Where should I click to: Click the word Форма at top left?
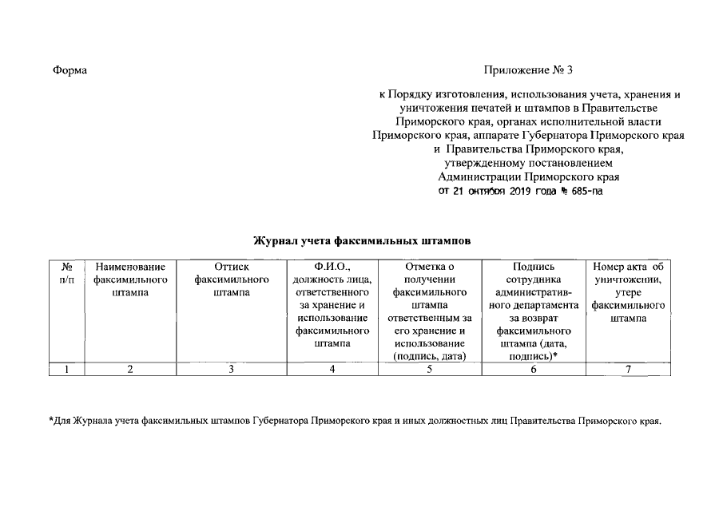coord(70,70)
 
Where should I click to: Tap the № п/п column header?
coord(68,273)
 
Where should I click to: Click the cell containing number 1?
coord(68,369)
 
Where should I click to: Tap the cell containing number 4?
coord(331,369)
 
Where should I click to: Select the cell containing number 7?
coord(629,369)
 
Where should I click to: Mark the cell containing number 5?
coord(430,369)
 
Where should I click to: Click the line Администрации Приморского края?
coord(529,176)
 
